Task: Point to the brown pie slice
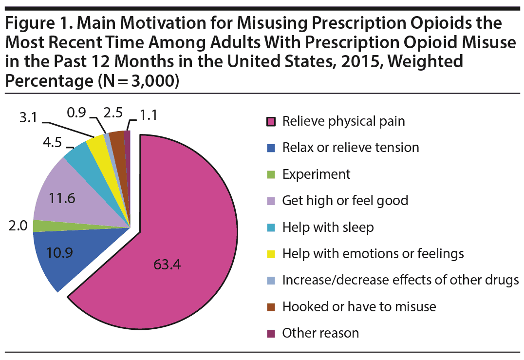[x=117, y=141]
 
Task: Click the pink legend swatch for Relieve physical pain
[x=271, y=121]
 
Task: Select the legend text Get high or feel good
[x=345, y=201]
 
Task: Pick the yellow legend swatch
[x=271, y=254]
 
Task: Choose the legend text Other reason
[x=320, y=333]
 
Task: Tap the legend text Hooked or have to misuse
[x=359, y=307]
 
